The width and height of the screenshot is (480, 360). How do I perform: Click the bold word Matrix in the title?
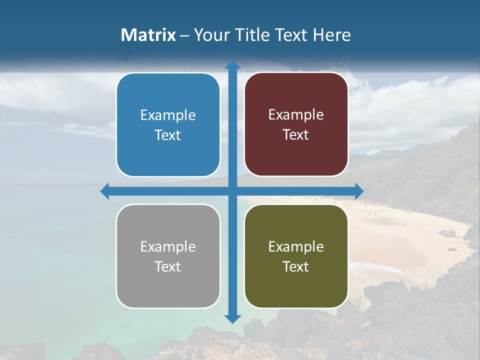pyautogui.click(x=148, y=35)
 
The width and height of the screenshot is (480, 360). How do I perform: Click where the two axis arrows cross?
pyautogui.click(x=232, y=191)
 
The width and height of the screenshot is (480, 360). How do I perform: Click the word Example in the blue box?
pyautogui.click(x=168, y=115)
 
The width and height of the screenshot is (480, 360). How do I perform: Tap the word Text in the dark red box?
pyautogui.click(x=296, y=135)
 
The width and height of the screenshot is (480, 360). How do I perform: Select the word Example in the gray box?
pyautogui.click(x=168, y=246)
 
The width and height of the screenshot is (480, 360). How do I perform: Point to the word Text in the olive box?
pyautogui.click(x=296, y=266)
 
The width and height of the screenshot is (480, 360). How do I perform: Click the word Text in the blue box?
pyautogui.click(x=168, y=135)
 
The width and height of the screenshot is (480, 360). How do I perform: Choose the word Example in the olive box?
pyautogui.click(x=296, y=246)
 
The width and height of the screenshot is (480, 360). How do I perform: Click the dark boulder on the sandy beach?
pyautogui.click(x=447, y=232)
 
